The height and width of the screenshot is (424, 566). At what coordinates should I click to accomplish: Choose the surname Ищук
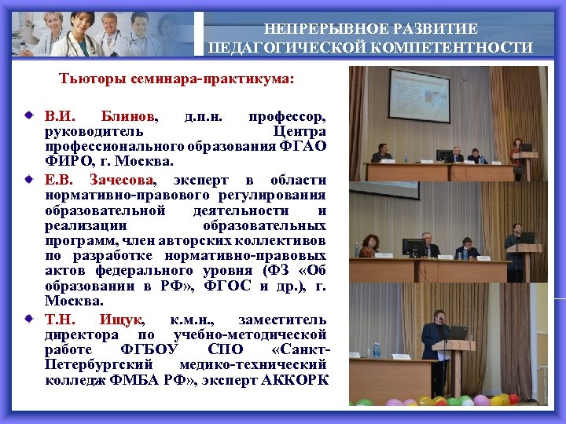tap(121, 320)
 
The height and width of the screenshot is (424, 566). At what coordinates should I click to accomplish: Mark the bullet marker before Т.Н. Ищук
tap(29, 320)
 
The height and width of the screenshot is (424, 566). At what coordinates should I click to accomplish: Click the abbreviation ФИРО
tap(66, 162)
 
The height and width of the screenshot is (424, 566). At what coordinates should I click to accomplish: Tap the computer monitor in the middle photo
tap(412, 247)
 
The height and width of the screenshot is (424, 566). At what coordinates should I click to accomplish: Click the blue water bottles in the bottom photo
tap(376, 348)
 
